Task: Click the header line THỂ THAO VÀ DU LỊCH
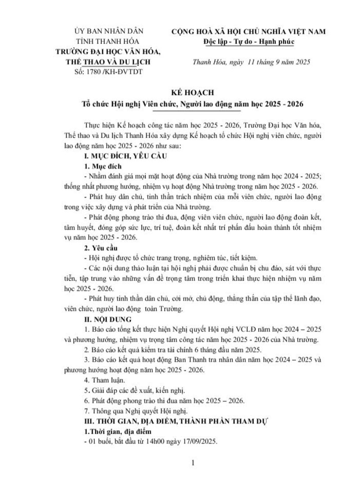[x=106, y=62]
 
